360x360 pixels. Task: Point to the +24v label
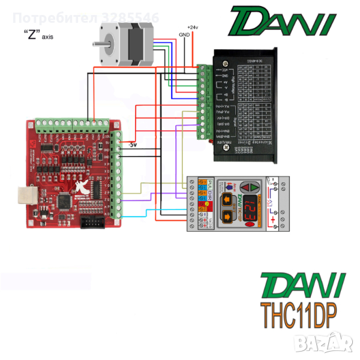point(192,28)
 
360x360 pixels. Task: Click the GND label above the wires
point(185,35)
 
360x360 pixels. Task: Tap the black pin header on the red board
point(94,223)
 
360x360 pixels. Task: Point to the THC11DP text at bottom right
point(298,313)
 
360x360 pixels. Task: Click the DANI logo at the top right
point(281,22)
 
